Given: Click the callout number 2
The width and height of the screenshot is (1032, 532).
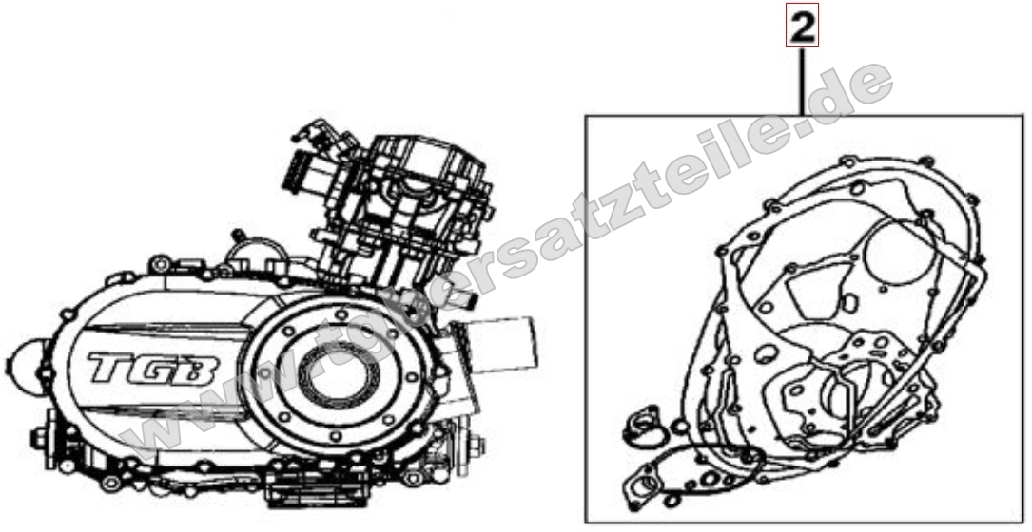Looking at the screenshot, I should pos(802,28).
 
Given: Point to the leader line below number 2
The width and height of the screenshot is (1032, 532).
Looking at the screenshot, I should pos(802,82).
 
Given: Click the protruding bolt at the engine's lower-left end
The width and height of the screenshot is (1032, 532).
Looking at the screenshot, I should pos(40,439).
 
